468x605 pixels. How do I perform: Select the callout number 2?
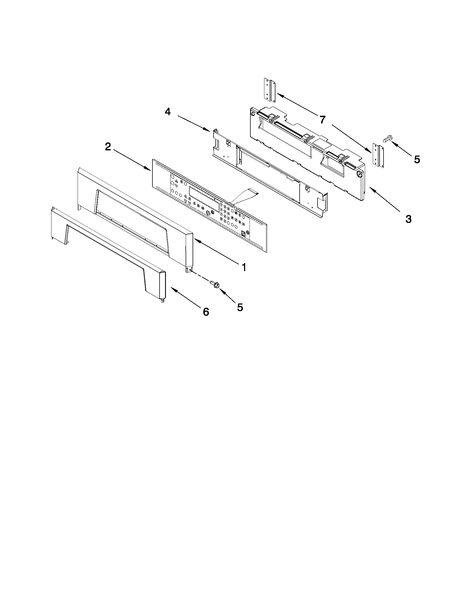coord(108,147)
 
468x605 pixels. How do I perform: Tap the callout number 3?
coord(408,219)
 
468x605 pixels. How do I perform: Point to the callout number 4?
coord(168,112)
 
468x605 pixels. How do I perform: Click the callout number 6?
coord(206,312)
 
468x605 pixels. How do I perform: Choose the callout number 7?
coord(322,120)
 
